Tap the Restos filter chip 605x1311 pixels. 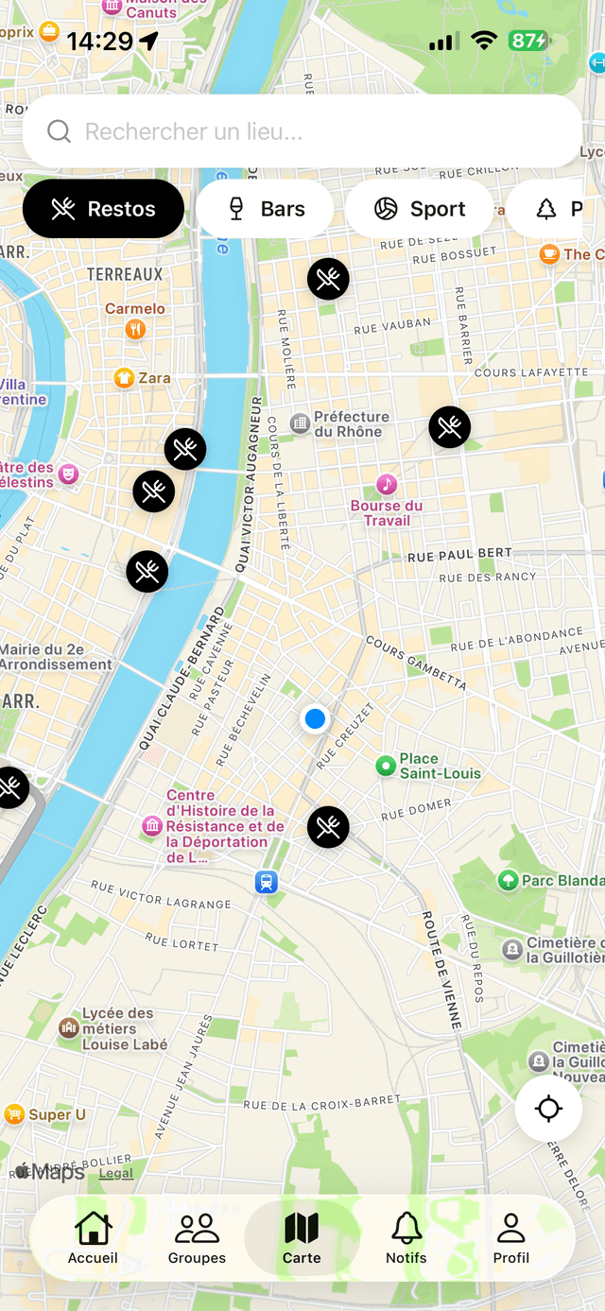point(103,209)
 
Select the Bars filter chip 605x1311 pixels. point(265,209)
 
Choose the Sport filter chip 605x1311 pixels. point(419,209)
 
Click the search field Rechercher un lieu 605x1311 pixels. point(302,131)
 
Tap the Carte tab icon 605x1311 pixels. point(302,1230)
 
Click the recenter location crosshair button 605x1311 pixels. point(548,1109)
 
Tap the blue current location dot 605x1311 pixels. point(315,719)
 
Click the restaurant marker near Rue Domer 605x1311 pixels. point(328,827)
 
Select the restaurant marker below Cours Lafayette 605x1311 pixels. point(449,427)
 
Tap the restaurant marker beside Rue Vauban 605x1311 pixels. point(328,279)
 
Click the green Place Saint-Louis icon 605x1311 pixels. point(385,766)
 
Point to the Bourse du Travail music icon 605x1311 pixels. point(386,485)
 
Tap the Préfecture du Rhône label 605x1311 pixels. point(350,424)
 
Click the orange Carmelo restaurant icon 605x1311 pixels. point(135,329)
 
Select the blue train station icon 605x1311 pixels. point(267,882)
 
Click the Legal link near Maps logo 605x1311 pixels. point(116,1173)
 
